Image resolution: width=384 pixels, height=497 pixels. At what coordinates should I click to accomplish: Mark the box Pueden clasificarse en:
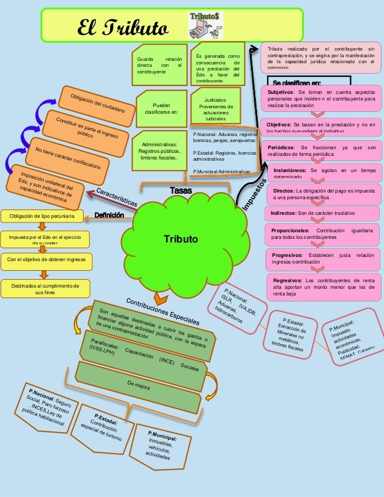tap(158, 107)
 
